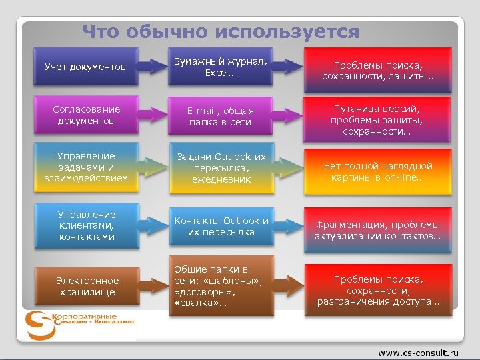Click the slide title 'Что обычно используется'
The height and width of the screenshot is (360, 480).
pos(221,31)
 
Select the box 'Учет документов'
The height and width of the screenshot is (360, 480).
pos(85,67)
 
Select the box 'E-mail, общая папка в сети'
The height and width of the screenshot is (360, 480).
pos(221,116)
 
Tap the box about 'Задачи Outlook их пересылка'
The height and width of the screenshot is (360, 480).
pos(221,168)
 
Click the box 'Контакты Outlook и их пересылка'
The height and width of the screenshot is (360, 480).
pos(221,226)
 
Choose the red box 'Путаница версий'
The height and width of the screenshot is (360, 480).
pos(378,119)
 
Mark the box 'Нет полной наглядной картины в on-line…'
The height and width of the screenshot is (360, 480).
pos(378,172)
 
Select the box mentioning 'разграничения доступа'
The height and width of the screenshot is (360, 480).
pos(378,291)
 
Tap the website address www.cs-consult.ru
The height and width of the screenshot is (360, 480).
pos(419,351)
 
